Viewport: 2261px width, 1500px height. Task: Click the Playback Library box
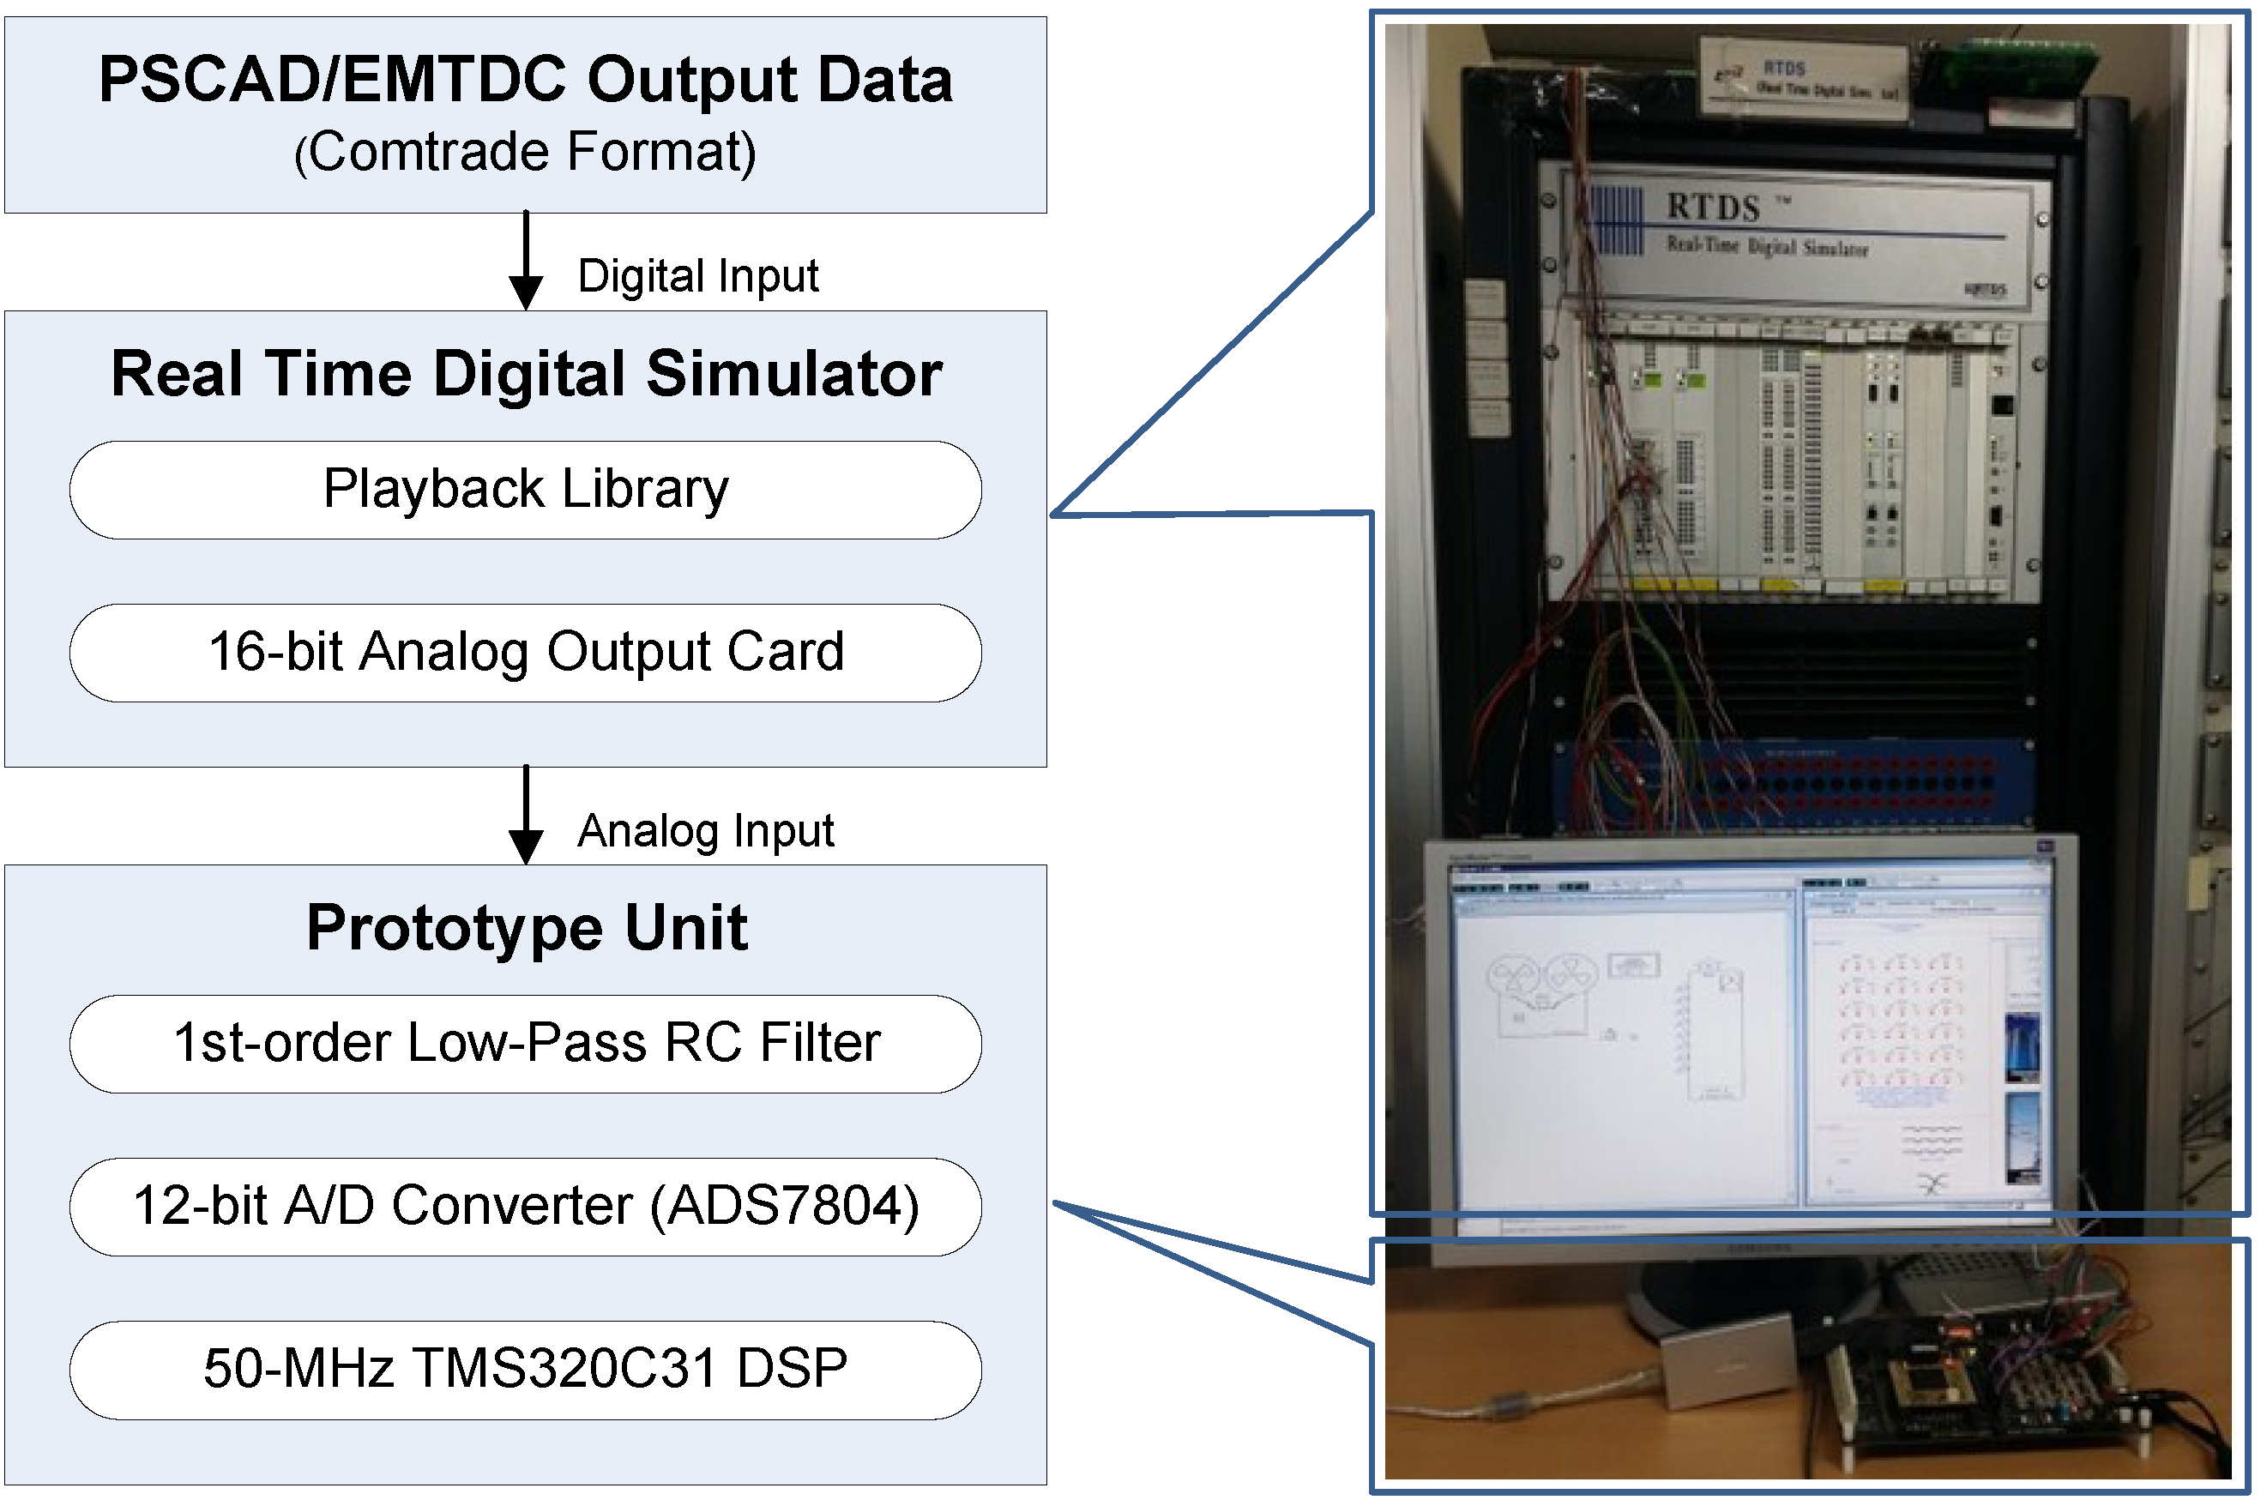pos(525,490)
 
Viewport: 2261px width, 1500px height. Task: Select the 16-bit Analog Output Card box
pos(525,653)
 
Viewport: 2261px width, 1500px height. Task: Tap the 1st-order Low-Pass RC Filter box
pos(525,1044)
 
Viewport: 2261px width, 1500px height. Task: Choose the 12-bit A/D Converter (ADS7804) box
pos(525,1207)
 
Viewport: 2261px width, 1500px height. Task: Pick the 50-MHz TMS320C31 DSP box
pos(525,1369)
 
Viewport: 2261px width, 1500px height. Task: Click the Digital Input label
pos(697,276)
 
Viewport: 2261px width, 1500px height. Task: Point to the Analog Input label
pos(705,830)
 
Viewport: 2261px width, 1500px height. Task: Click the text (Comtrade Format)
pos(525,153)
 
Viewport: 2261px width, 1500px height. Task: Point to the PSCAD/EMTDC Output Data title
pos(525,80)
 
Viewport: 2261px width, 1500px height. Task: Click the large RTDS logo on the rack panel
pos(1713,208)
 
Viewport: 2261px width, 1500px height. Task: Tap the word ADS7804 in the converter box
pos(785,1207)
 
